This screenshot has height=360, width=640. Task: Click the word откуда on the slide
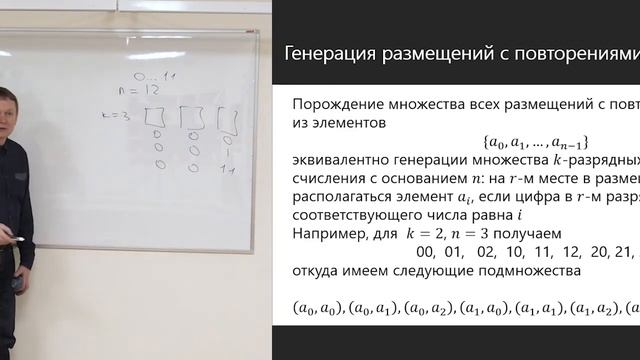pyautogui.click(x=319, y=272)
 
